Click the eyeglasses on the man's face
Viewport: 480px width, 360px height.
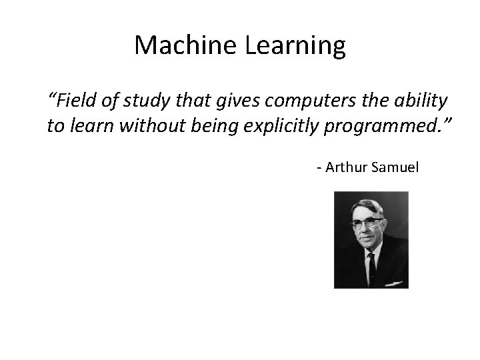point(368,223)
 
